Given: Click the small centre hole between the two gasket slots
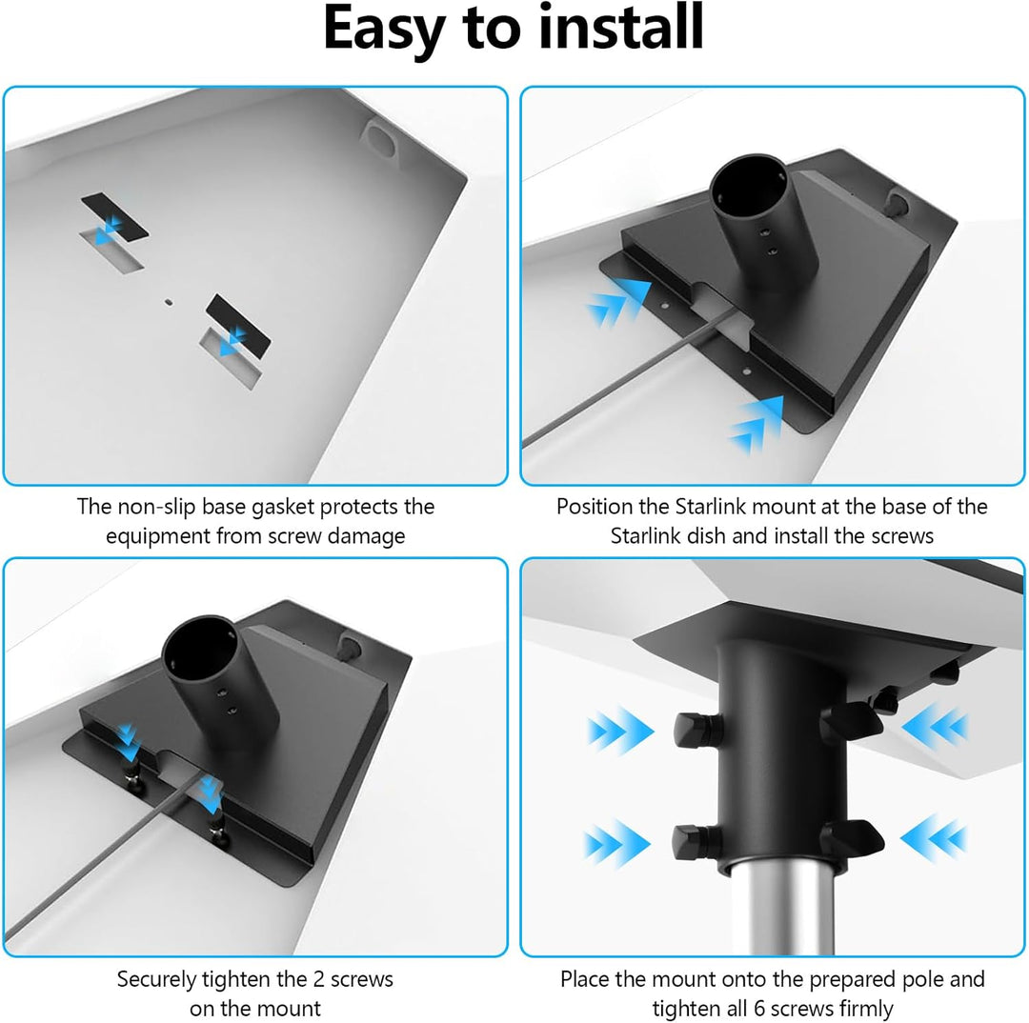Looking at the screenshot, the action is click(x=168, y=302).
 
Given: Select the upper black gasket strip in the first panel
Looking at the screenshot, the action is click(x=115, y=216).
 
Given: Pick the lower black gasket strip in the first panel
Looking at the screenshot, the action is click(x=238, y=326).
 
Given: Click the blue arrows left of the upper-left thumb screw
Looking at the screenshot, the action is click(x=620, y=731).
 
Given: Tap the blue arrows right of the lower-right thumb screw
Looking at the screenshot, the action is click(x=935, y=837).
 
